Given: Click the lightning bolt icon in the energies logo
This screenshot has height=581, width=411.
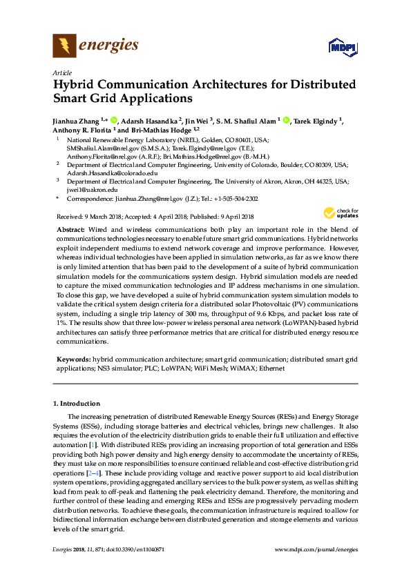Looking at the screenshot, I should click(65, 46).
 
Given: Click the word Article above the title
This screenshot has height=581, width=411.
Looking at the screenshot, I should click(62, 72).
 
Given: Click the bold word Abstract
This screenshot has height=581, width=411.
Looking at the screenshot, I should click(70, 228).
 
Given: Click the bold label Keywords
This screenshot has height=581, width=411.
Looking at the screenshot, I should click(73, 360).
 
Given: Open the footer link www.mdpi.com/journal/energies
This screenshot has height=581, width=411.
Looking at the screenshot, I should click(316, 549).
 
